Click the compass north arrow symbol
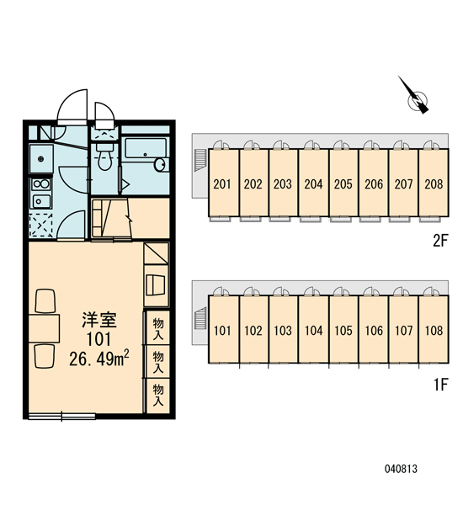416,98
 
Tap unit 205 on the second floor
343,183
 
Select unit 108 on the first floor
434,329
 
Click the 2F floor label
440,241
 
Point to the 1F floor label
440,385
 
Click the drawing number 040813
401,469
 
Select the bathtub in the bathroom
146,148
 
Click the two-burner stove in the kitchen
41,184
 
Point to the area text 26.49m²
99,359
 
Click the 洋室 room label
99,320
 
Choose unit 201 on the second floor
222,183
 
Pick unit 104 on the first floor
313,329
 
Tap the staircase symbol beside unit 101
200,318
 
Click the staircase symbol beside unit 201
200,160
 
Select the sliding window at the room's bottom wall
61,416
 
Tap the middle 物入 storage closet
157,362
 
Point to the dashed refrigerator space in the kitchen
41,226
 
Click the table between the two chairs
44,328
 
